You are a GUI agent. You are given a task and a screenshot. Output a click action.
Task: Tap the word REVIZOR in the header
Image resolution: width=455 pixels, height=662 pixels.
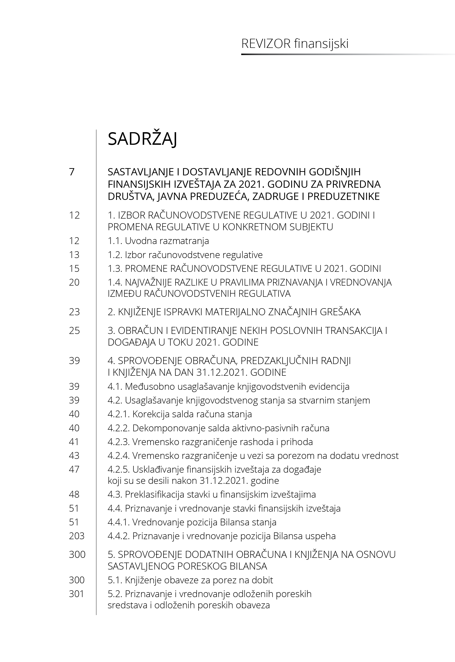pos(266,44)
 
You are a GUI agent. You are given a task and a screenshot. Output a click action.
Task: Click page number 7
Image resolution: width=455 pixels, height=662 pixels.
pos(72,172)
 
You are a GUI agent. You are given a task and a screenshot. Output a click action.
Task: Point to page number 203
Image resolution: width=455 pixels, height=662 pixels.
pos(77,536)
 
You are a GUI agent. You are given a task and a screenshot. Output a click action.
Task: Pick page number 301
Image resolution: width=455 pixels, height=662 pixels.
pos(76,594)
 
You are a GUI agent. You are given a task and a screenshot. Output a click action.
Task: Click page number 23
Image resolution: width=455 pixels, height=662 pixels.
pos(74,312)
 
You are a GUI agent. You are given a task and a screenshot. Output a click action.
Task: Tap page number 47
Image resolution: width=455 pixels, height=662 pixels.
pos(74,469)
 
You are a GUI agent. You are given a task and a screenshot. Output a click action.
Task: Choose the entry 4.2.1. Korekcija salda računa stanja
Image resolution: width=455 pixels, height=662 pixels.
pos(180,414)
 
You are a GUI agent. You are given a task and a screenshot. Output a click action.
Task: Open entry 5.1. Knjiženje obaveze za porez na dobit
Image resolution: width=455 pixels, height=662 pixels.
pos(190,580)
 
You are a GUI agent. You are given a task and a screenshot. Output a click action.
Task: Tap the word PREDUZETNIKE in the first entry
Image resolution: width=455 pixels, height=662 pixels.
pos(344,197)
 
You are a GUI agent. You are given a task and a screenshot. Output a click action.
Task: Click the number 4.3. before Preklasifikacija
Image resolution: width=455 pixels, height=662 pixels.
pos(115,494)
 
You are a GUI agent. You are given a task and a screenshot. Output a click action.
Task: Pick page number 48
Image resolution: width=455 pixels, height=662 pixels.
pos(74,494)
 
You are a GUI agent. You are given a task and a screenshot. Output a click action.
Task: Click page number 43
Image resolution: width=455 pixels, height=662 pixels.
pos(74,456)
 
